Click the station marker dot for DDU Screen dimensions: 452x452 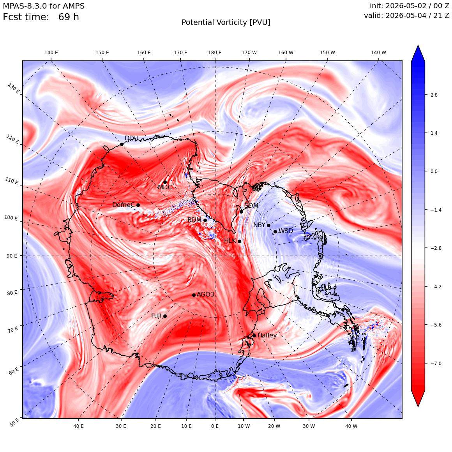pos(122,145)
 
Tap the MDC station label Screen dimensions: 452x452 pos(165,187)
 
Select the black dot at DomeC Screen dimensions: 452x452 pos(138,205)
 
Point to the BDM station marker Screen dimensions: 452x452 pos(205,220)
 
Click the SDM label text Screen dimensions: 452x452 pos(251,205)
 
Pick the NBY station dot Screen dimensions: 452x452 pos(268,226)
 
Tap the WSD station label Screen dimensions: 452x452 pos(286,231)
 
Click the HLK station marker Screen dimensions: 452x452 pos(239,241)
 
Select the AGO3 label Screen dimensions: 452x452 pos(205,294)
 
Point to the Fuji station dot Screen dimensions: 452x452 pos(165,316)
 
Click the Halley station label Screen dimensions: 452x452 pos(267,335)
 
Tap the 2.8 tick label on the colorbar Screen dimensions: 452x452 pos(434,95)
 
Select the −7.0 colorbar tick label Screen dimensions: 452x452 pos(436,363)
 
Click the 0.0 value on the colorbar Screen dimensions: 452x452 pos(434,171)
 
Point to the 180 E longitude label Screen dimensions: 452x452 pos(215,53)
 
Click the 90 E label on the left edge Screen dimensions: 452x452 pos(12,256)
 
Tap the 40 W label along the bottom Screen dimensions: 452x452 pos(351,426)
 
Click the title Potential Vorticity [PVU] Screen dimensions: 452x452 pos(226,23)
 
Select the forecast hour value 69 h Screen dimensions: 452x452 pos(69,17)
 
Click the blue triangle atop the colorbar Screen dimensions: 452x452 pos(418,53)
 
